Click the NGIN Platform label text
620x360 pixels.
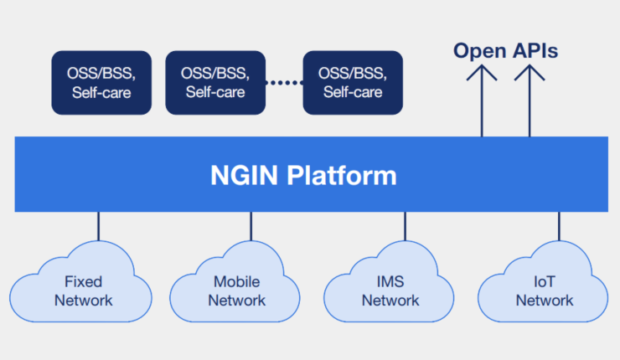(x=302, y=177)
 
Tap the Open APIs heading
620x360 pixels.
(x=505, y=51)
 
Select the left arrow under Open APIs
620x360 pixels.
(x=483, y=100)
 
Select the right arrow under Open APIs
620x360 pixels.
(x=530, y=100)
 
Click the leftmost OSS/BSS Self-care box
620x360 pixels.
(x=101, y=82)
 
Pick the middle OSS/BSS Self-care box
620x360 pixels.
(x=214, y=82)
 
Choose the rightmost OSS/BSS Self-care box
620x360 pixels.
(x=353, y=82)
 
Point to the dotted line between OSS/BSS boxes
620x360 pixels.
(x=283, y=83)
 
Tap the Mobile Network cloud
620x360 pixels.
(x=237, y=285)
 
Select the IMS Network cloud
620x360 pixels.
(x=390, y=285)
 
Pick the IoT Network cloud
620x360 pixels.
(x=545, y=285)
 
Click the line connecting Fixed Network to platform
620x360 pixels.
(x=98, y=227)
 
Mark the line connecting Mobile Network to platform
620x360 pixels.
(x=251, y=227)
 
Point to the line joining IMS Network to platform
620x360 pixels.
(x=406, y=227)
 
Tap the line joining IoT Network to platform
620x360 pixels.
(x=559, y=227)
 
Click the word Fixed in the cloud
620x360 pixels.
(x=83, y=282)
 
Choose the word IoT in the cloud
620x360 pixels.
(x=545, y=282)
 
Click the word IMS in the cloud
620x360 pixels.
(x=390, y=282)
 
